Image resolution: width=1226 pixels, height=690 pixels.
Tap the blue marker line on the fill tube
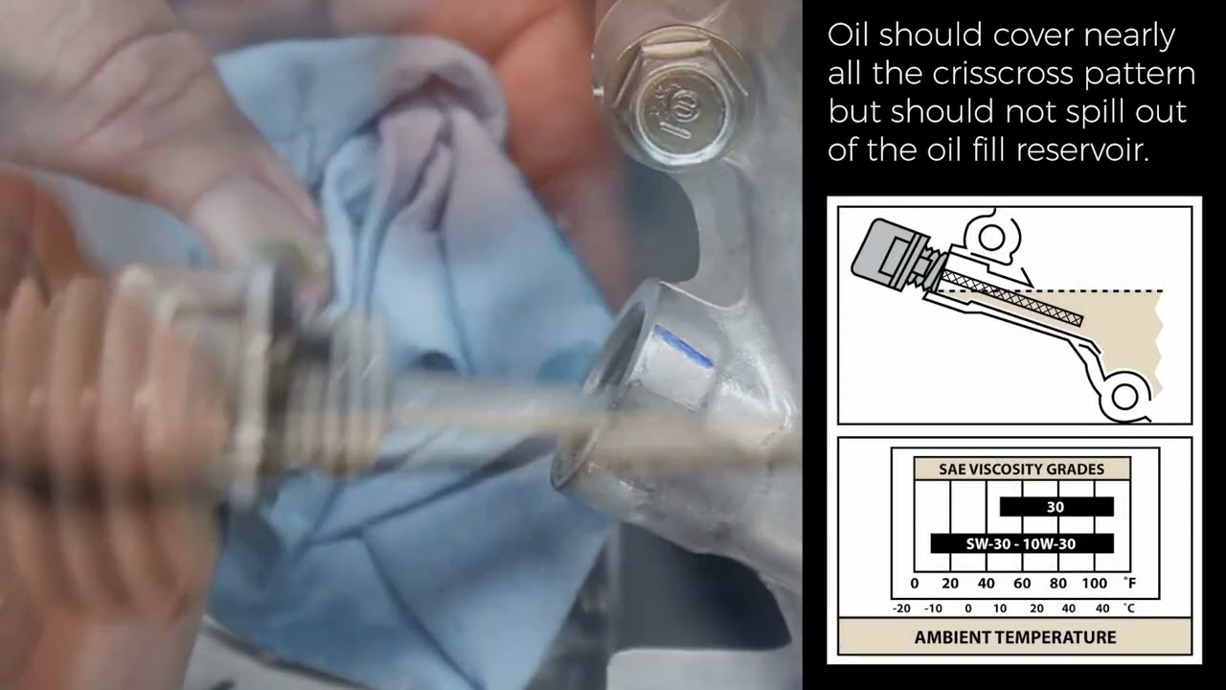click(683, 345)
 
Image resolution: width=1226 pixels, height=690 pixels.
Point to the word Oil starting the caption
click(849, 35)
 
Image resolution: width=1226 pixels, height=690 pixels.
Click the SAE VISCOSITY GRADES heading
click(1021, 470)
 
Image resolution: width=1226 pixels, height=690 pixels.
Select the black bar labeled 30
click(1056, 507)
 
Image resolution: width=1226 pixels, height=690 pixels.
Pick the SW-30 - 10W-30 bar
click(1022, 543)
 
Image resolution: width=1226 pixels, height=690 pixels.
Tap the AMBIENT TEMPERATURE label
click(1015, 637)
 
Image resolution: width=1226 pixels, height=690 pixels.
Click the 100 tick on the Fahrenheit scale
click(1094, 584)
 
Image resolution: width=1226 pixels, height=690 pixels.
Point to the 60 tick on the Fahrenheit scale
click(1022, 584)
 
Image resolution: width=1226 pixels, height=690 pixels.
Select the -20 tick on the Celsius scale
click(901, 609)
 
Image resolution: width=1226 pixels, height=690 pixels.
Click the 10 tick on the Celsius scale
click(1000, 609)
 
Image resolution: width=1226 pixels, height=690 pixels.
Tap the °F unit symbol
click(1129, 583)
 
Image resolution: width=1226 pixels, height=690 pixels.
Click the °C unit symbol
click(1129, 608)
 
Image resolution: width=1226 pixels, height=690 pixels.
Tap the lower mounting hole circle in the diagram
click(1125, 396)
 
